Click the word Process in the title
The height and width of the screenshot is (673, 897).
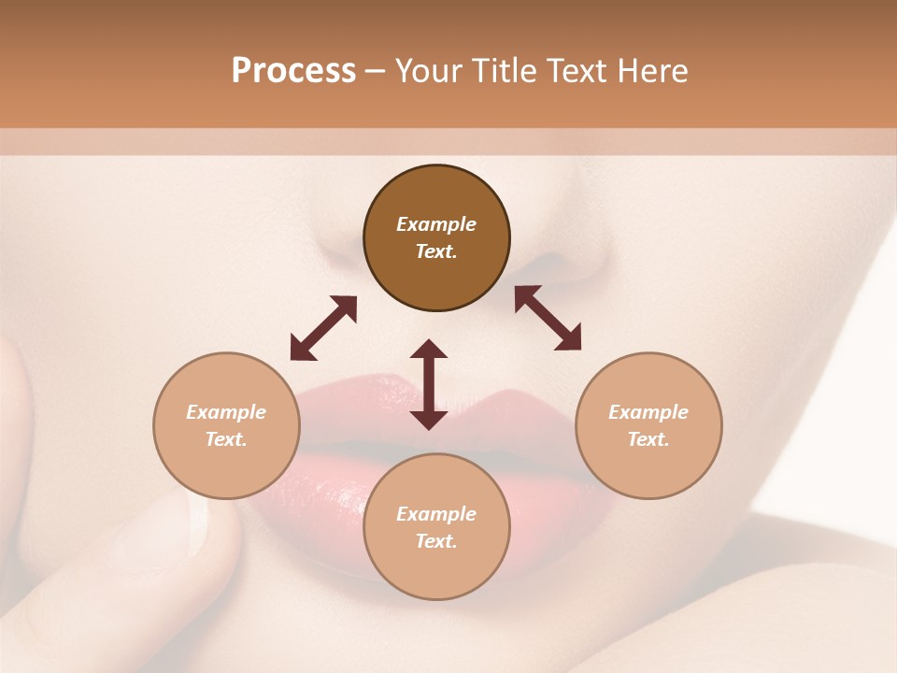pos(293,70)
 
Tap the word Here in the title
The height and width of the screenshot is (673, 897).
pos(651,70)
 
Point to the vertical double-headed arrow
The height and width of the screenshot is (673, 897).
pos(429,384)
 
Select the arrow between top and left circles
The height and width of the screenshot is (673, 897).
pos(323,328)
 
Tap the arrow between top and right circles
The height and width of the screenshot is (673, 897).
pos(548,318)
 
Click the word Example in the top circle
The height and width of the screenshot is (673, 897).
pos(436,224)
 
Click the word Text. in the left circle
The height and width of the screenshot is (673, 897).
pos(226,439)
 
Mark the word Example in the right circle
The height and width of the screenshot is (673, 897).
pos(648,412)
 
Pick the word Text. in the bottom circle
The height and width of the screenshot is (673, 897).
pos(436,541)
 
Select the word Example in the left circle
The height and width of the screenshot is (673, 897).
pos(226,412)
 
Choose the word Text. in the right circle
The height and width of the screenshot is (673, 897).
pos(648,439)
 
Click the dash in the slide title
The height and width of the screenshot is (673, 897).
pos(376,71)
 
